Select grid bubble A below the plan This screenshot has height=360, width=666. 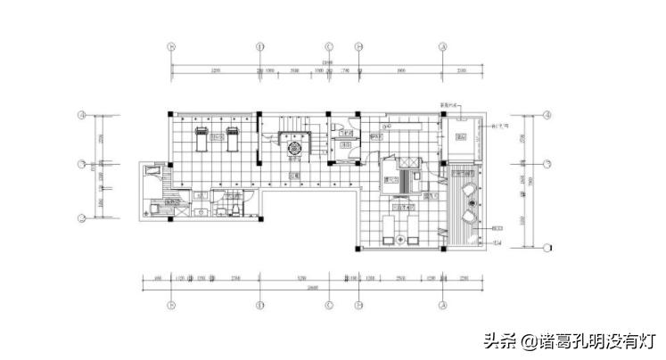[443, 304]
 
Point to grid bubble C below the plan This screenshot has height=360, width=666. [329, 304]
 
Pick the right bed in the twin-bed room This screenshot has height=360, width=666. [232, 136]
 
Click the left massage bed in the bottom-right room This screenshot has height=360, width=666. [388, 226]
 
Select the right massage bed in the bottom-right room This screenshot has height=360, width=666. [415, 226]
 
